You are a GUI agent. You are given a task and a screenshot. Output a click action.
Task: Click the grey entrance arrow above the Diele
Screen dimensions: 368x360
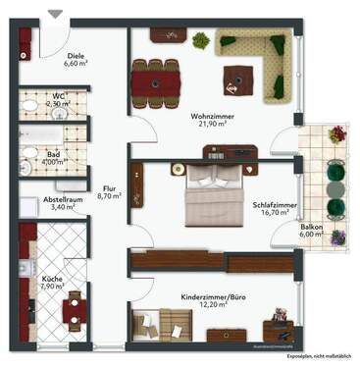(x=53, y=12)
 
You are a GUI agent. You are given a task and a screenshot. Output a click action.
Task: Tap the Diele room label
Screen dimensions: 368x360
(x=77, y=57)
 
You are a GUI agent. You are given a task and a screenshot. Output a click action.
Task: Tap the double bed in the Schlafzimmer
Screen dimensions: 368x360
(x=216, y=190)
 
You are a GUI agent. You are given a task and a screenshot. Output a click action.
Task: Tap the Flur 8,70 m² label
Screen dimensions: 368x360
(x=108, y=191)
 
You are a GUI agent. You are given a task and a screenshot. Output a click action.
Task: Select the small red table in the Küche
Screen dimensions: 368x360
(x=73, y=311)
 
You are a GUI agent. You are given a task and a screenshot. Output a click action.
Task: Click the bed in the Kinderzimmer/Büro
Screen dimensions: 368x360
(x=163, y=321)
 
